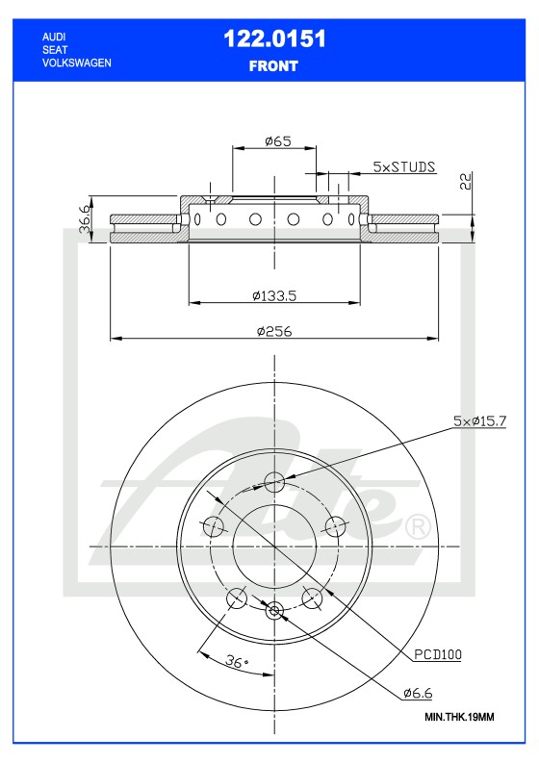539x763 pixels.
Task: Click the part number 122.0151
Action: pos(274,39)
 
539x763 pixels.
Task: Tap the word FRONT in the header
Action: pos(274,66)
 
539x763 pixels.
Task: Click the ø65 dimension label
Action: pos(278,140)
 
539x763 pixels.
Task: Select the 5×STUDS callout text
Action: pos(404,166)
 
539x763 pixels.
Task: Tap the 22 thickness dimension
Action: pos(465,183)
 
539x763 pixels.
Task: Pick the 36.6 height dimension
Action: pos(85,216)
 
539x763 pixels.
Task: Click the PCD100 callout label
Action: pos(439,654)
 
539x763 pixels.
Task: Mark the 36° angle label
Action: pos(237,661)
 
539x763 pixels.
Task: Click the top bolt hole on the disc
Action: pos(274,482)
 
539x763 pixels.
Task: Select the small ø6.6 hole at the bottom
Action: pos(274,609)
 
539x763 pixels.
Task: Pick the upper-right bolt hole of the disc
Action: pos(335,525)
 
